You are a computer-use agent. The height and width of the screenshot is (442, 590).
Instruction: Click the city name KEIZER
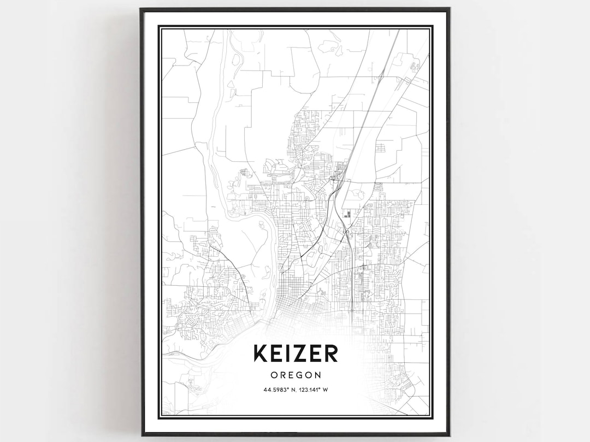tap(295, 353)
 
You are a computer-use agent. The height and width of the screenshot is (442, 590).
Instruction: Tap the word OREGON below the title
tap(295, 375)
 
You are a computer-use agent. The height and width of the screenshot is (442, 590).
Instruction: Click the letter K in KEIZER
tap(260, 353)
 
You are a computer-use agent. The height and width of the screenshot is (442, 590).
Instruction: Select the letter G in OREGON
tap(300, 375)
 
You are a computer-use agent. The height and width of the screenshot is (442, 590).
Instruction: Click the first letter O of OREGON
tap(273, 375)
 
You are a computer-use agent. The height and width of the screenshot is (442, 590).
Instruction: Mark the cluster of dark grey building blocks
tap(347, 213)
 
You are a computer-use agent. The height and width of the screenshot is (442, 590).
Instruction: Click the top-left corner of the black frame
tap(141, 9)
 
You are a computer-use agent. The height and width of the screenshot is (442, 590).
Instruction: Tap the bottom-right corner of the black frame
tap(449, 435)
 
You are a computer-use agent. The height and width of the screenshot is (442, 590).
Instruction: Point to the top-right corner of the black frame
tap(449, 9)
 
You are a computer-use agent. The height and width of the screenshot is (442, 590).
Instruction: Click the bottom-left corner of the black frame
tap(141, 435)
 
